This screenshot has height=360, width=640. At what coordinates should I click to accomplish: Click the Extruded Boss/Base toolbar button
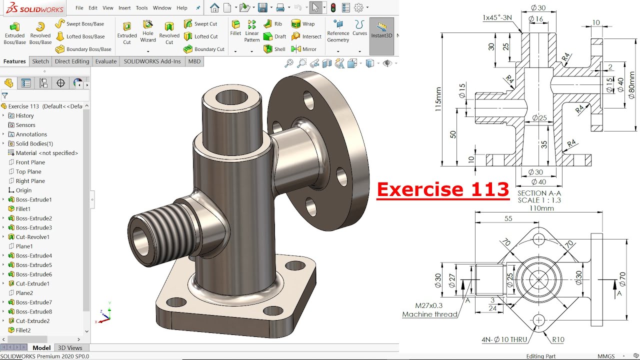(x=14, y=32)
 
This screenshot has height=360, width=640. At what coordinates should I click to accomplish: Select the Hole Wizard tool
(x=148, y=31)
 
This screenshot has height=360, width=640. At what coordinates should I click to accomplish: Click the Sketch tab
(x=40, y=61)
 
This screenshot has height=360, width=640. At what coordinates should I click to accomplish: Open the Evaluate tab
(x=106, y=61)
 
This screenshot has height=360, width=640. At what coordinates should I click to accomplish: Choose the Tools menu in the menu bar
(x=141, y=8)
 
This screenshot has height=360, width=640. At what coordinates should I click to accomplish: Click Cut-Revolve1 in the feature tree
(x=32, y=237)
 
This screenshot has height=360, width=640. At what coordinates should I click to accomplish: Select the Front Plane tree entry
(x=30, y=162)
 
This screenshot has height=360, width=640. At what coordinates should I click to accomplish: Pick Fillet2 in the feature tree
(x=23, y=330)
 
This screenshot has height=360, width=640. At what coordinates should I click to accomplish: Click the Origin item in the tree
(x=23, y=190)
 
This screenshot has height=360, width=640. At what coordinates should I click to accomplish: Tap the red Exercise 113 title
(x=442, y=189)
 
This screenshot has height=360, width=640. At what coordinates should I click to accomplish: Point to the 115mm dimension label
(x=438, y=99)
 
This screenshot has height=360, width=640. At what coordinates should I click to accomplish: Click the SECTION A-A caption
(x=539, y=193)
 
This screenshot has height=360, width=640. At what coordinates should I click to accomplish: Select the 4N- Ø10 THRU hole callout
(x=504, y=339)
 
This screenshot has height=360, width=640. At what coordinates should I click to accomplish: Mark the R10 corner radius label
(x=558, y=339)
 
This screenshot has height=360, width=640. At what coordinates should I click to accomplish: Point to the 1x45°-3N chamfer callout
(x=497, y=17)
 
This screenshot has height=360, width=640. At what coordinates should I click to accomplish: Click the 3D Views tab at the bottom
(x=70, y=348)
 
